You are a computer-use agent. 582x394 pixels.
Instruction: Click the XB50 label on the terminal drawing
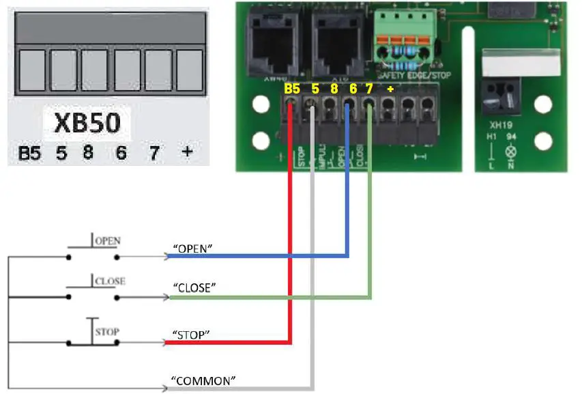[x=87, y=124]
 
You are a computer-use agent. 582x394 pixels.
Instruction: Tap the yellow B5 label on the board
[x=292, y=89]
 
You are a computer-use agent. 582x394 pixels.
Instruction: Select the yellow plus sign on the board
[x=390, y=89]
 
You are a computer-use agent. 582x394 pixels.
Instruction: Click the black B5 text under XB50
[x=29, y=154]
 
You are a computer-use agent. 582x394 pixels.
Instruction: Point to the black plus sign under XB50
[x=187, y=152]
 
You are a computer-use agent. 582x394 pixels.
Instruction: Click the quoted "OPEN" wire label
[x=192, y=250]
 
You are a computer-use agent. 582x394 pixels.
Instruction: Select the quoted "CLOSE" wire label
[x=194, y=289]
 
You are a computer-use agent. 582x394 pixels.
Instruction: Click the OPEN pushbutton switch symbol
[x=93, y=249]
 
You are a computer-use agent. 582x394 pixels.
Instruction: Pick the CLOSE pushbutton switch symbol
[x=93, y=288]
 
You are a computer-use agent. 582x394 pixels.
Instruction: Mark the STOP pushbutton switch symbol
[x=93, y=335]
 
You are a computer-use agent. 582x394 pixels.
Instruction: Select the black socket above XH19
[x=501, y=99]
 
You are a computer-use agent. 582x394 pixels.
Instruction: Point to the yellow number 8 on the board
[x=334, y=89]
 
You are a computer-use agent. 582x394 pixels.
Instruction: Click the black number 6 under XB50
[x=121, y=153]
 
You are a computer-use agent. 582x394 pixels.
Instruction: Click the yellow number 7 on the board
[x=369, y=89]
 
